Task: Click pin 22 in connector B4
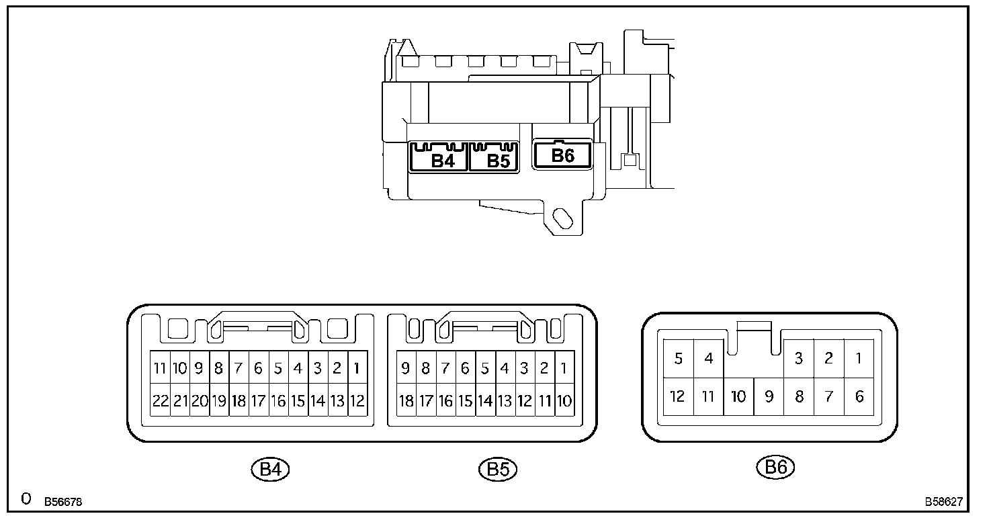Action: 160,401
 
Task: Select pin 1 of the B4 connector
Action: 357,367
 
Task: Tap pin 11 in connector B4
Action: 160,367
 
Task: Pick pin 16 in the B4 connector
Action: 278,401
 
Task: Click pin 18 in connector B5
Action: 406,401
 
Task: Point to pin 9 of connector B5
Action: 406,367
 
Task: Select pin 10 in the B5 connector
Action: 564,401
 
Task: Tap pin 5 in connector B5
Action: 485,367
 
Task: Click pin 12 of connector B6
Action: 678,396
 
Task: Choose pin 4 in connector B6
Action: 708,358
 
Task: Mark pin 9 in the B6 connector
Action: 769,396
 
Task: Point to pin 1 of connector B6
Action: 859,358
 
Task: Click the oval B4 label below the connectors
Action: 270,469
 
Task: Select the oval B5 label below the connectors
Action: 499,469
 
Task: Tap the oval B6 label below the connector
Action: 775,467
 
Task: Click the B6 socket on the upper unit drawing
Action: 562,155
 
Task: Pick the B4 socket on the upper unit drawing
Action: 439,159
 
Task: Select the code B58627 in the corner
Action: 943,501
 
